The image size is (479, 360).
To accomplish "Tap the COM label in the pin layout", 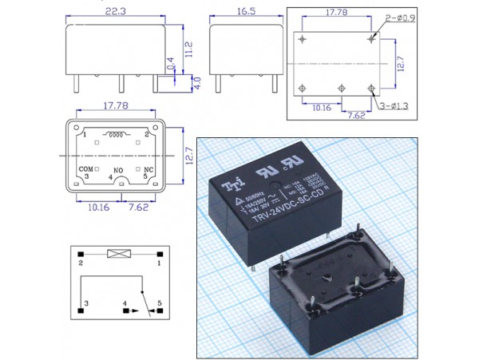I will [x=86, y=169].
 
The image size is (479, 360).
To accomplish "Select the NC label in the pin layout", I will [x=148, y=169].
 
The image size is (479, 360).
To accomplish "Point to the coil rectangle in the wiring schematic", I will [x=119, y=255].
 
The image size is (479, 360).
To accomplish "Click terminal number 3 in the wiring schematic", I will [x=85, y=304].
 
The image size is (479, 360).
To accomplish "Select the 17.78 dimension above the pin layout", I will [x=115, y=104].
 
